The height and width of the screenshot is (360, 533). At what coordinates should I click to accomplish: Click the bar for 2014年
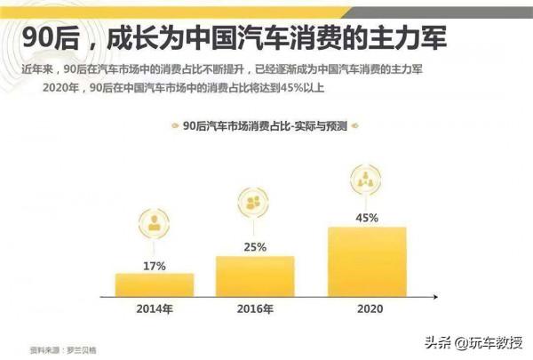(x=154, y=284)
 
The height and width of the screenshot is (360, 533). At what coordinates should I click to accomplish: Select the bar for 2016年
(x=255, y=276)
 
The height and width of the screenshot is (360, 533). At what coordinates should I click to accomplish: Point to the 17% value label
(x=154, y=264)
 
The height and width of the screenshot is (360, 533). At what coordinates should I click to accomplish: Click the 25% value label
(x=255, y=246)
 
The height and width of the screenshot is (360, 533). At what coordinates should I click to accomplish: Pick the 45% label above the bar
(x=367, y=217)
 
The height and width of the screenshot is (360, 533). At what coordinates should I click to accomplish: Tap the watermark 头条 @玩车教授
(x=475, y=342)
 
